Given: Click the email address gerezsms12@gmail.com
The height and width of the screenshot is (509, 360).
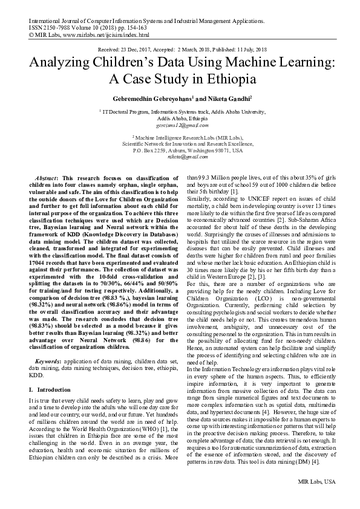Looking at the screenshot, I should coord(179,125).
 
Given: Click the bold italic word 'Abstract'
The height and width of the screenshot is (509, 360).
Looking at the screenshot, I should coord(49,180).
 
